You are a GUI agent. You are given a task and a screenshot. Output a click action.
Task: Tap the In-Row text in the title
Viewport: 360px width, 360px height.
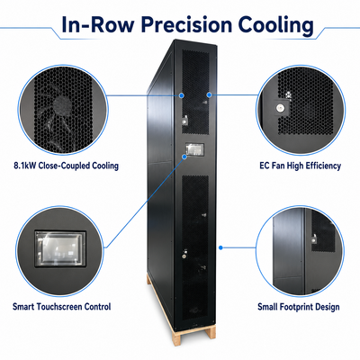(97, 24)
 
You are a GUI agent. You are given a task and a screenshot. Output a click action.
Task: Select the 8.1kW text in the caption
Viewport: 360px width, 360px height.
(25, 166)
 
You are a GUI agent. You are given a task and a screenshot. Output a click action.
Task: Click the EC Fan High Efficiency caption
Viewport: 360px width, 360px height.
(300, 166)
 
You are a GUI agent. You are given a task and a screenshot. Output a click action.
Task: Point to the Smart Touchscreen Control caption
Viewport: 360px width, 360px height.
(61, 307)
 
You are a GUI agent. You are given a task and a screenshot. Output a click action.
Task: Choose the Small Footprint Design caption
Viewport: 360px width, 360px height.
(299, 307)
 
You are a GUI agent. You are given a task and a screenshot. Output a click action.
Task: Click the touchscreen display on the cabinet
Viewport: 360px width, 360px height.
(194, 149)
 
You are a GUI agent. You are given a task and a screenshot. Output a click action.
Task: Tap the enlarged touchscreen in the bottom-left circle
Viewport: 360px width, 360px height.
(60, 248)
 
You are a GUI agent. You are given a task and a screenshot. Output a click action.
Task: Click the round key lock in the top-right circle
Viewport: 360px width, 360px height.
(281, 107)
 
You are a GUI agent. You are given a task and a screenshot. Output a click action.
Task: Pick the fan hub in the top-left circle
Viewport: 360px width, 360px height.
(62, 104)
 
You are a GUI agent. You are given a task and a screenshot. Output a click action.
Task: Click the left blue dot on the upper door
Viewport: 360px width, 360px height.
(182, 95)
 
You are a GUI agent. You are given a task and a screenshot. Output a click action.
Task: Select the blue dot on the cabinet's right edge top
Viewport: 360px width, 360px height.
(210, 94)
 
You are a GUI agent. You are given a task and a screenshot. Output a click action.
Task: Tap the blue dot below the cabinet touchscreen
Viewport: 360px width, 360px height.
(184, 157)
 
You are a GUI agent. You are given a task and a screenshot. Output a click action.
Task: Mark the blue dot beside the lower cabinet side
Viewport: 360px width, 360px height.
(220, 247)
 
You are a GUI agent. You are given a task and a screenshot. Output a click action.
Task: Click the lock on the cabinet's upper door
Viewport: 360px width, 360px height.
(184, 121)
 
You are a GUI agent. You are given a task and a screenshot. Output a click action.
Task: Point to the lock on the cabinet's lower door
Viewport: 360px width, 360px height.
(184, 256)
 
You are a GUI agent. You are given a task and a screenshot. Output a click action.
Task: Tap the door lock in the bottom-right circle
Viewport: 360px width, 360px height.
(313, 239)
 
